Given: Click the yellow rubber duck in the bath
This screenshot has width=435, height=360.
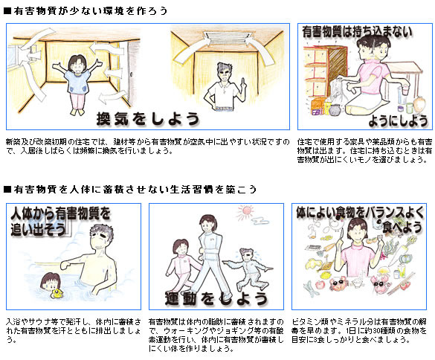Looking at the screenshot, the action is click(x=57, y=293).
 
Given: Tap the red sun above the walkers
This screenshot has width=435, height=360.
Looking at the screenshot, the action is click(x=245, y=212).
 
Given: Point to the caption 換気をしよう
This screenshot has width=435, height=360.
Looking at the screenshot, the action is click(x=148, y=119).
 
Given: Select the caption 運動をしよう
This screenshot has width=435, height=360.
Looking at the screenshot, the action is click(x=216, y=298).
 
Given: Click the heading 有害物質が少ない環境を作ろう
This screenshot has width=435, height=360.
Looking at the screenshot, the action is click(x=90, y=11).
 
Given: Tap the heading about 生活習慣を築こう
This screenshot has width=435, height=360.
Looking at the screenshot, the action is click(x=135, y=190).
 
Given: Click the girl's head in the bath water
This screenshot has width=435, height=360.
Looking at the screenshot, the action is click(x=51, y=281).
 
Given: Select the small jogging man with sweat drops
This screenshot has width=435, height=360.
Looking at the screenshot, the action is click(x=248, y=268).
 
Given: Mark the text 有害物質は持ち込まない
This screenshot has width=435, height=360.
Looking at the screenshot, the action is click(x=357, y=32).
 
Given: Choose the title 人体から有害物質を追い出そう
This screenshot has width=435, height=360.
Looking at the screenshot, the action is click(x=60, y=221).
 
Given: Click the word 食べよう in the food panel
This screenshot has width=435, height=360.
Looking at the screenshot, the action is click(x=402, y=228).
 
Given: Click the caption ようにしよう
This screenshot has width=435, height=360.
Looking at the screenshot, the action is click(x=399, y=121).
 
